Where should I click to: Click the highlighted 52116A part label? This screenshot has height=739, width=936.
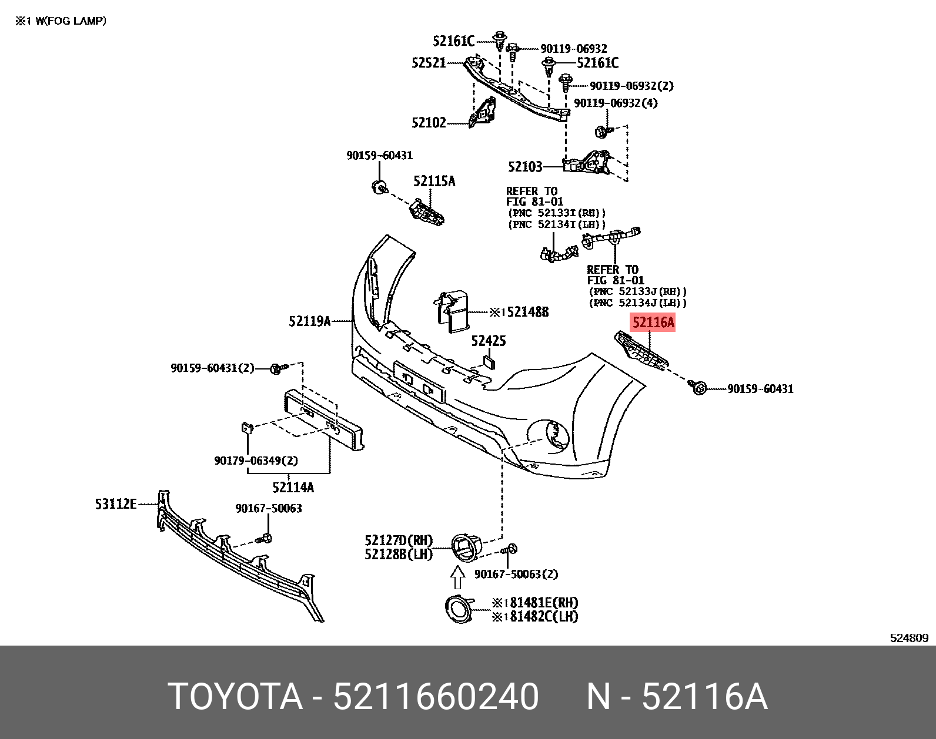pos(653,323)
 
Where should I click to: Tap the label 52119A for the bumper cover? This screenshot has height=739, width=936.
pos(310,321)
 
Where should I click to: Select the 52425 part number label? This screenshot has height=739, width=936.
pos(488,341)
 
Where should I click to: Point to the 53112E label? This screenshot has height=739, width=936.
pos(116,504)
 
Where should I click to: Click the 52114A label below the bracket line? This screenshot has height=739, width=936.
pos(293,488)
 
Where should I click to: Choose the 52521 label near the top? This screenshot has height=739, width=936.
pos(429,63)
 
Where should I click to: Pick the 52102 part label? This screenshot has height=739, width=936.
pos(429,123)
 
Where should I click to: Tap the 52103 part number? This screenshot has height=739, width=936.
pos(525,167)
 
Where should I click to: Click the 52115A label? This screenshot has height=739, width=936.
pos(434,181)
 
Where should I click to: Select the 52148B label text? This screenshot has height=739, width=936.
pos(527,312)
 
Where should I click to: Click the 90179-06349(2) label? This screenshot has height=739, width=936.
pos(256,461)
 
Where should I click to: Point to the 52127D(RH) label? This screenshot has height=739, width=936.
pos(398,540)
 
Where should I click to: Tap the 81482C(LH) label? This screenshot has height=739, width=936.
pos(544,617)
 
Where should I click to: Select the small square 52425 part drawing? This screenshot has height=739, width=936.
pos(489,361)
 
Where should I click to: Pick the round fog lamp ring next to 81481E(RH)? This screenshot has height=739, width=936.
pos(459,609)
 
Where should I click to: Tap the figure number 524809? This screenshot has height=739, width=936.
pos(908,638)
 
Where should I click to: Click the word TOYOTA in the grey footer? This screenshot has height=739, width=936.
pos(235,697)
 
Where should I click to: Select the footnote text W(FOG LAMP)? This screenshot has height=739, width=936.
pos(71,21)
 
